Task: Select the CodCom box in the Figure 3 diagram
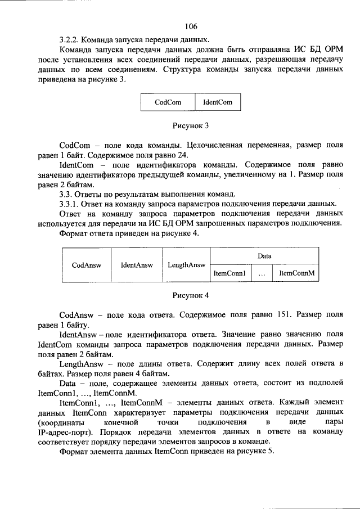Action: click(x=167, y=102)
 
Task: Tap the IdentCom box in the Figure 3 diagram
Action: click(x=217, y=102)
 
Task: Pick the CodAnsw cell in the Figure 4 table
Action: click(x=85, y=264)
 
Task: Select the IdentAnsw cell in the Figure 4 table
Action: click(x=136, y=264)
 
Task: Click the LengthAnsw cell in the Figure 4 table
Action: click(x=186, y=264)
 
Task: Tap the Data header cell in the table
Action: click(x=264, y=256)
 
